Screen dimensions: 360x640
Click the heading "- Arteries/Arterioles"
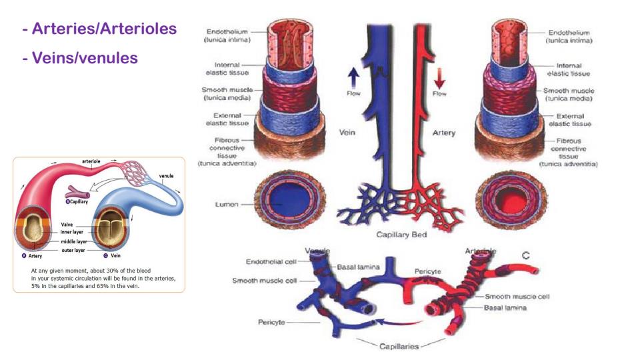pos(99,29)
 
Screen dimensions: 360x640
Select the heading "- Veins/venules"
pos(79,58)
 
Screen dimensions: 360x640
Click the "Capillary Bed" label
pos(402,235)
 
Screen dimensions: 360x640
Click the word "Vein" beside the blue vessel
pos(347,133)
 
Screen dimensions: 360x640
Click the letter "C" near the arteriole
pos(527,255)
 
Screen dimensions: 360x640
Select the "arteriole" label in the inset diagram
pos(91,161)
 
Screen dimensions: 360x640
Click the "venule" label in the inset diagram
pos(166,176)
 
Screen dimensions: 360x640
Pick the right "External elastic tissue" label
pos(569,120)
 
